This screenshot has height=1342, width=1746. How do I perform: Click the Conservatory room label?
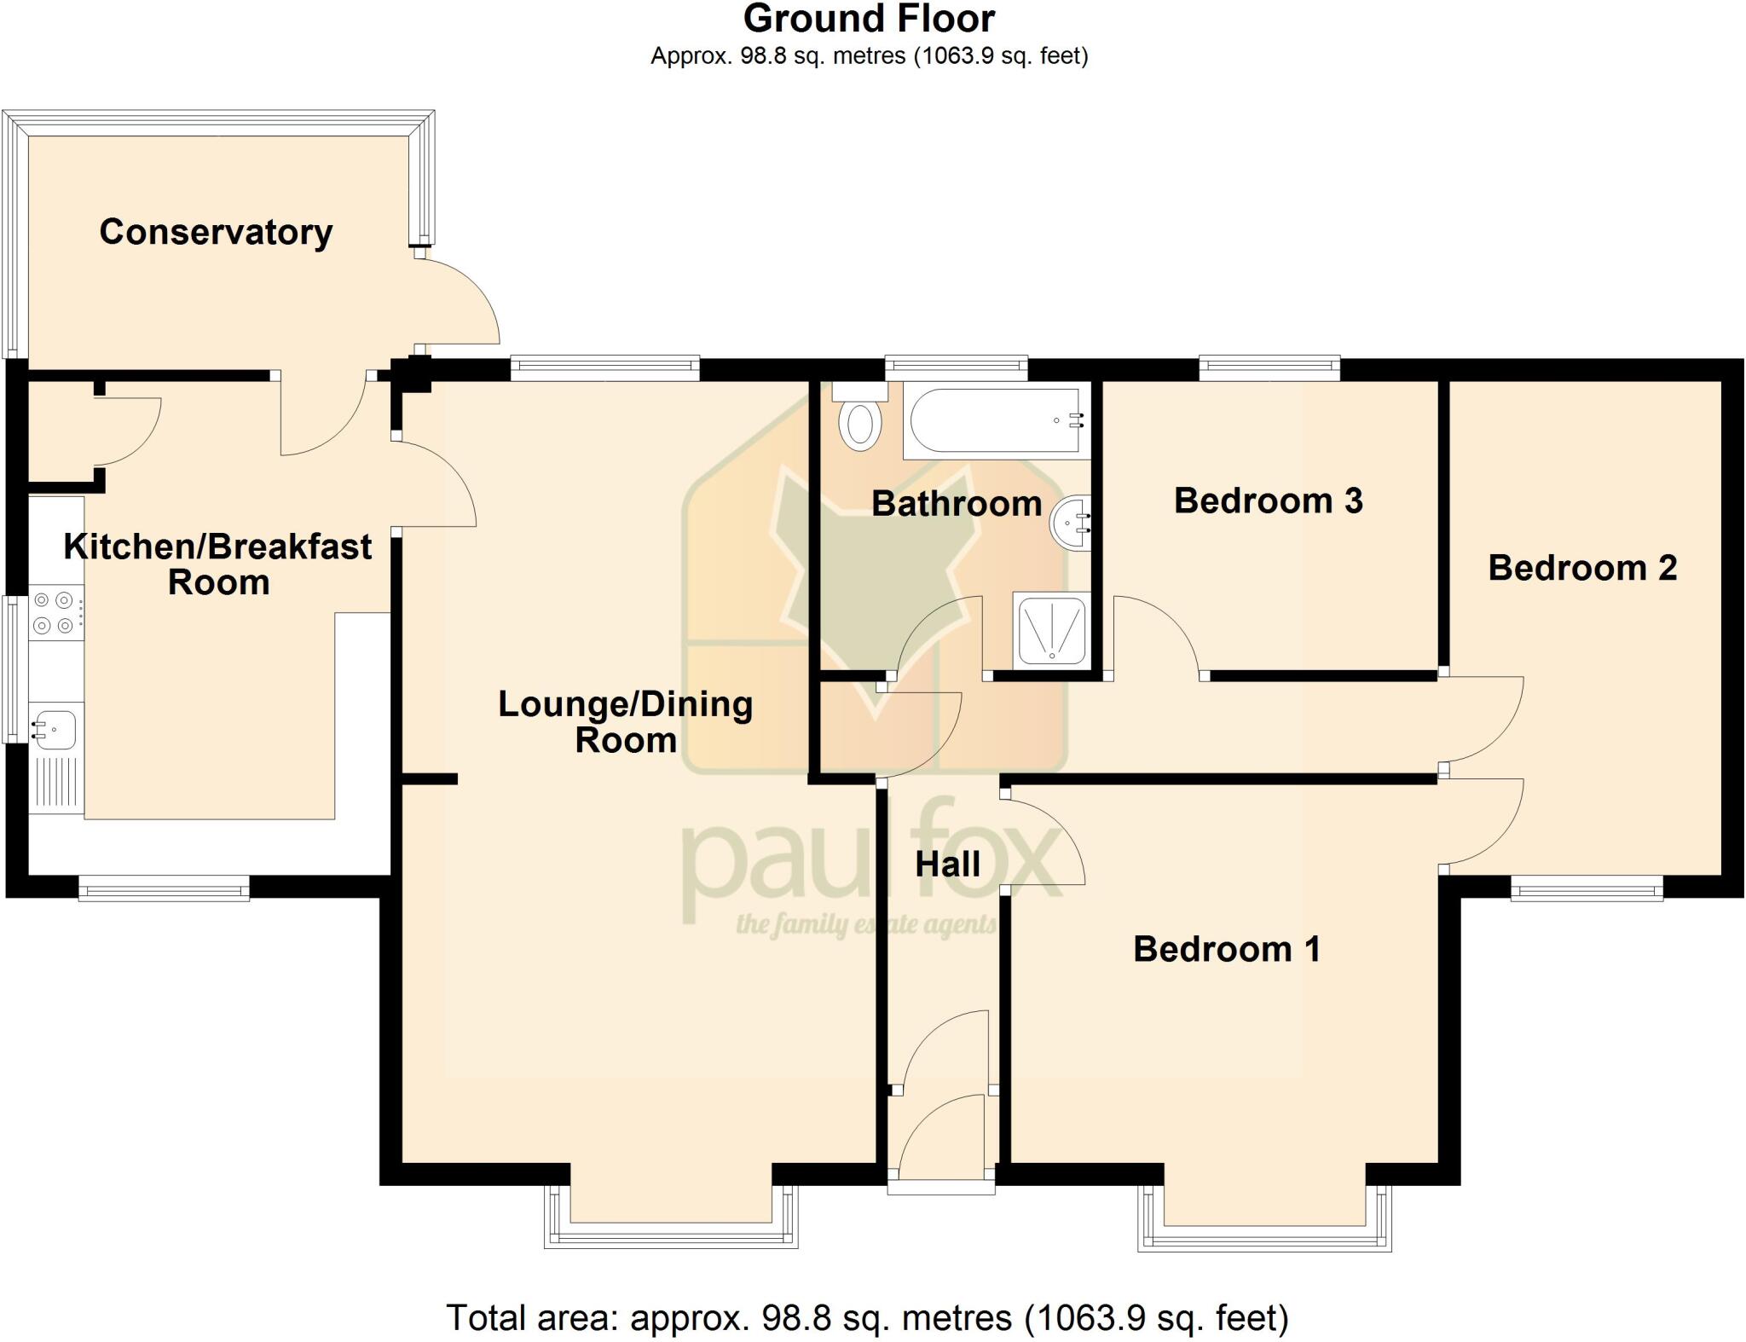(216, 232)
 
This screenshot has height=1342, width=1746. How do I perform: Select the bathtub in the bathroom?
(995, 420)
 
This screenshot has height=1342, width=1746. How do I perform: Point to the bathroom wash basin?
(1071, 522)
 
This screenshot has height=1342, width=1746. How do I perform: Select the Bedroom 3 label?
(1268, 500)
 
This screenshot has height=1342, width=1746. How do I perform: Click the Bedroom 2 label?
(1582, 568)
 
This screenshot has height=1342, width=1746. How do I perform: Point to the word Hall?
(947, 865)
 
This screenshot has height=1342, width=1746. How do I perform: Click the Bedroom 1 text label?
(1226, 949)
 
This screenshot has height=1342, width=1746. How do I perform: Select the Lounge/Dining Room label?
(625, 721)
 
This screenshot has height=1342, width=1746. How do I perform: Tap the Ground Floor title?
(869, 19)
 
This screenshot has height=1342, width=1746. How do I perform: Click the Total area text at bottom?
(867, 1317)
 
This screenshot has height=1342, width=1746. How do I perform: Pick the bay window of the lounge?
(671, 1232)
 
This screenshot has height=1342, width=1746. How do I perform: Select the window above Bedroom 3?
(1269, 368)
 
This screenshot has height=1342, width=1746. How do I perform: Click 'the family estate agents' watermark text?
(865, 924)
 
